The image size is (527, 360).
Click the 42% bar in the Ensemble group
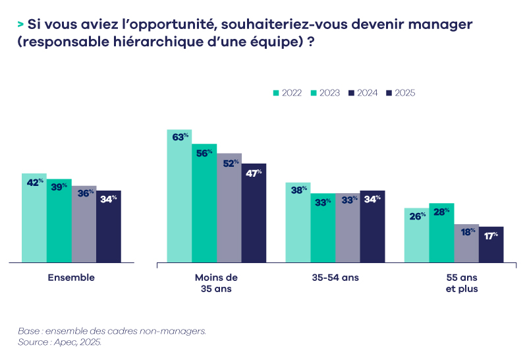pyautogui.click(x=34, y=218)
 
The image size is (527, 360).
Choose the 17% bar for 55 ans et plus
pyautogui.click(x=491, y=245)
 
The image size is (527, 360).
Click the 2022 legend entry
pyautogui.click(x=287, y=93)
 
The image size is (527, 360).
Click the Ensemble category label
pyautogui.click(x=71, y=278)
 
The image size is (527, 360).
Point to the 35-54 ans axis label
pyautogui.click(x=335, y=278)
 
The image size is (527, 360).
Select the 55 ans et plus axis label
pyautogui.click(x=454, y=283)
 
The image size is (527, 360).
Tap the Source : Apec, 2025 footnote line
pyautogui.click(x=60, y=343)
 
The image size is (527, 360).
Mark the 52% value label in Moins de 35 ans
pyautogui.click(x=230, y=163)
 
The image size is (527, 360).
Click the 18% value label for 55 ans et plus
pyautogui.click(x=466, y=232)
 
